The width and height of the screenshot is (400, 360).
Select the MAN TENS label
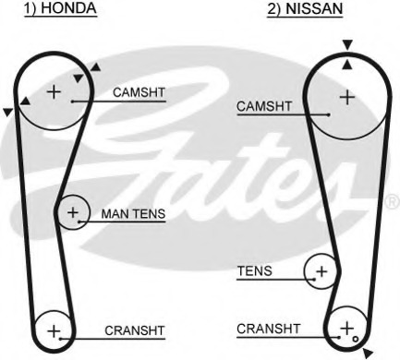click(x=133, y=214)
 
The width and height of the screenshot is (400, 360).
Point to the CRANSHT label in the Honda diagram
click(x=135, y=330)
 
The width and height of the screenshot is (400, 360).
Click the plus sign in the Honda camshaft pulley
click(x=53, y=90)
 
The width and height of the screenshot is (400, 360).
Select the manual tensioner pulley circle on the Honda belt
click(x=72, y=213)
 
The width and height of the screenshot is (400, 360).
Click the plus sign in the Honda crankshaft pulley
click(x=53, y=330)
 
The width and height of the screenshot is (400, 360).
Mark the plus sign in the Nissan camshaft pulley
click(x=346, y=95)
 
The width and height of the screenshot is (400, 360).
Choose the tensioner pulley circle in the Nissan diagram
click(x=321, y=270)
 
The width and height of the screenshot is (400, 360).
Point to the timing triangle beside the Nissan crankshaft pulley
click(x=369, y=352)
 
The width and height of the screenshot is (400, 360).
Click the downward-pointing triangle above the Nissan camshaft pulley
click(x=346, y=44)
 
